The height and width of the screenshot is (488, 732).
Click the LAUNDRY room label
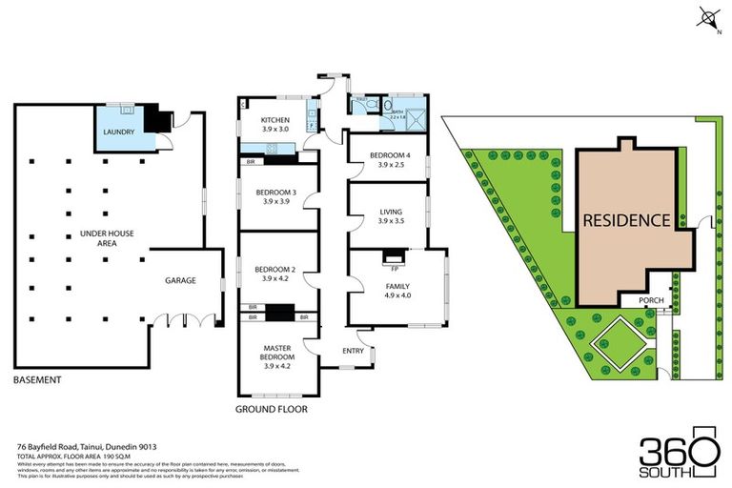119,132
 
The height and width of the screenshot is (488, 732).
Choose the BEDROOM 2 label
275,270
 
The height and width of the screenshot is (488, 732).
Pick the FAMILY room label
396,286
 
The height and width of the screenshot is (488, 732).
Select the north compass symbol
707,16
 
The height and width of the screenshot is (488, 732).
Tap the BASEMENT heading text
38,380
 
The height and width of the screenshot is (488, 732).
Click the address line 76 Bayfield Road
86,446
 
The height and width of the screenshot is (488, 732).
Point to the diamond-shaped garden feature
617,345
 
